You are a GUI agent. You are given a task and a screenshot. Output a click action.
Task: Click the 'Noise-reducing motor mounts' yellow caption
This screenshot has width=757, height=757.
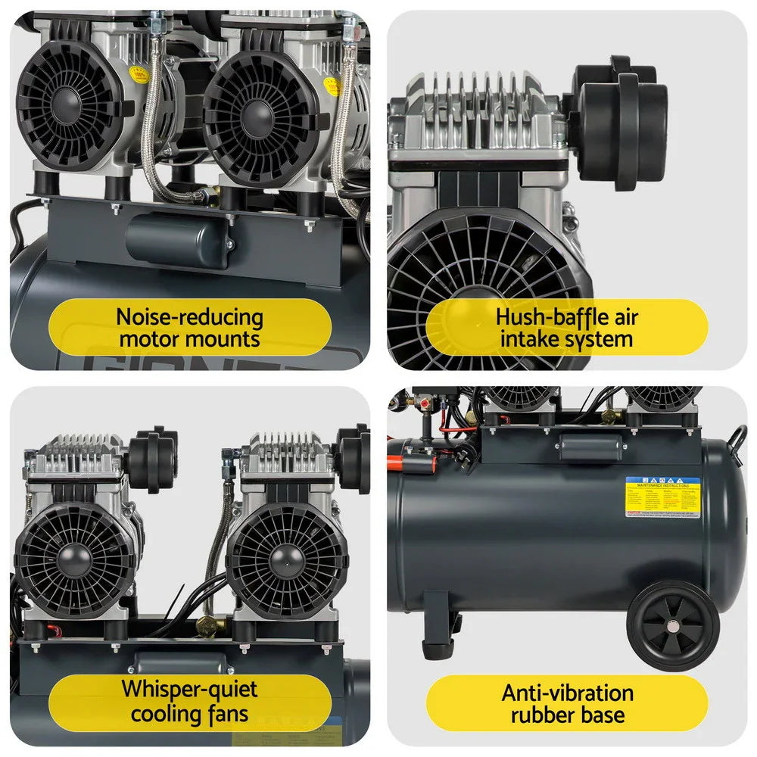[190, 328]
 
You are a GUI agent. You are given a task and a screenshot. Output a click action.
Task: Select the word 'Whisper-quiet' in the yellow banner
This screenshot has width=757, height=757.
[189, 690]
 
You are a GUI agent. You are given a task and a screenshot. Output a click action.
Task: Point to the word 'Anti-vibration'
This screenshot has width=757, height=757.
[567, 693]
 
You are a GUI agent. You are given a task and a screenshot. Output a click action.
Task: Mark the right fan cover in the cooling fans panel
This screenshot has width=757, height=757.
[287, 561]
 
